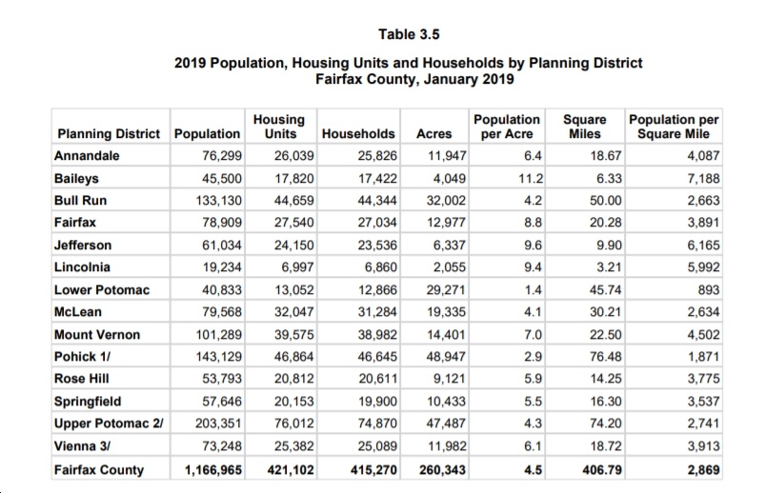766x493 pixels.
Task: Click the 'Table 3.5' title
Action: click(409, 34)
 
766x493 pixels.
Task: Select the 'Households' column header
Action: click(358, 134)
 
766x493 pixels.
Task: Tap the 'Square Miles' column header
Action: click(585, 127)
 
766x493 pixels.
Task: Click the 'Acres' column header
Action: click(433, 134)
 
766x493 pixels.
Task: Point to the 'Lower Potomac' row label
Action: click(102, 290)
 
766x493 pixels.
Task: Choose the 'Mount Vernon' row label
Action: click(97, 335)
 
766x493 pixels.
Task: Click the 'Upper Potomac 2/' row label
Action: click(109, 424)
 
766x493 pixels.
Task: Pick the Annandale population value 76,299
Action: click(222, 156)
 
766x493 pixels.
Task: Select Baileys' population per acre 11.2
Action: click(531, 179)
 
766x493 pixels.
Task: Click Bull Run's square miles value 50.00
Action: click(605, 201)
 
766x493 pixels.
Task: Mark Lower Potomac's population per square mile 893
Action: click(708, 290)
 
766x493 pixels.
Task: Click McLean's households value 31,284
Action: click(377, 312)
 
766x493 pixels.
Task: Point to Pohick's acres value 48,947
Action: click(446, 357)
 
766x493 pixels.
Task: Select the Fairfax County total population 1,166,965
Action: click(213, 470)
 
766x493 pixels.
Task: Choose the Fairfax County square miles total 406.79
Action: click(602, 470)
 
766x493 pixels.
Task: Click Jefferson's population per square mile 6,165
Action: click(703, 246)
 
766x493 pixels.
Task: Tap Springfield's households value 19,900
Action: click(377, 402)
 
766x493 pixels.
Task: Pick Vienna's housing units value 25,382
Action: click(294, 446)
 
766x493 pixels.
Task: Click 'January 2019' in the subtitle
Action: click(469, 80)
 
